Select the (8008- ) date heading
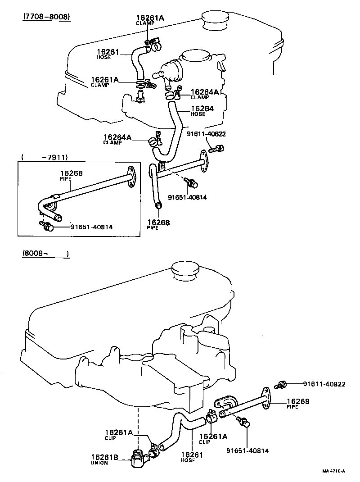[x=45, y=254]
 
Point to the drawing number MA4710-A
[x=333, y=471]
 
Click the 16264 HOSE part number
[x=202, y=109]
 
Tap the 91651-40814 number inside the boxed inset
[x=91, y=227]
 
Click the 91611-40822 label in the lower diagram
[x=324, y=384]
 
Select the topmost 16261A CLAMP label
[x=150, y=18]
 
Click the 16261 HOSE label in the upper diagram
[x=108, y=52]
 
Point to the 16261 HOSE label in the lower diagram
[x=192, y=455]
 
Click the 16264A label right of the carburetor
[x=204, y=92]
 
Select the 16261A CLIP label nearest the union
[x=119, y=433]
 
